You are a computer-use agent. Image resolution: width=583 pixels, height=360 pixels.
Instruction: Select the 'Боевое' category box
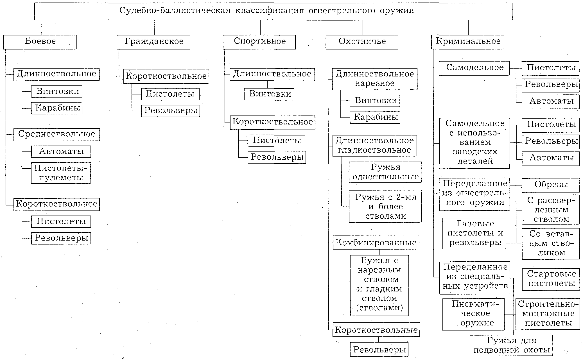(40, 42)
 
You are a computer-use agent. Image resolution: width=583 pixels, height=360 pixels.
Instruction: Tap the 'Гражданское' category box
(153, 42)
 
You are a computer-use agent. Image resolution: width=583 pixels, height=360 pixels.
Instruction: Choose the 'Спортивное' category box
(259, 42)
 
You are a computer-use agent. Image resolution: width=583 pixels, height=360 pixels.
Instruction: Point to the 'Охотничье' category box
(362, 42)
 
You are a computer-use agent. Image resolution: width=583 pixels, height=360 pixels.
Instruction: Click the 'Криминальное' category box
(468, 42)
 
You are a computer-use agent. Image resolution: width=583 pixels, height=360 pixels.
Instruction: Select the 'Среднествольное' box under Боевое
(57, 134)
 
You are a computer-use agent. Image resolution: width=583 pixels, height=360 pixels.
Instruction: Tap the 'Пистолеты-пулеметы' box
(61, 173)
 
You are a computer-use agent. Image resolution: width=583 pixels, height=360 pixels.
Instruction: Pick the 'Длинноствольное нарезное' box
(374, 79)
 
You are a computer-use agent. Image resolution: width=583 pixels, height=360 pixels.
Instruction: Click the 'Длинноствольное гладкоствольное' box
(374, 145)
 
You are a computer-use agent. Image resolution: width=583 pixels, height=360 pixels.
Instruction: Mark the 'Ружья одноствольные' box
(385, 172)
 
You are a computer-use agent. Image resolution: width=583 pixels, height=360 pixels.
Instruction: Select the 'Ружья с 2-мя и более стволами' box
(385, 206)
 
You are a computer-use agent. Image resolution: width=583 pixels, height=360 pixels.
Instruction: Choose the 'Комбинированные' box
(376, 243)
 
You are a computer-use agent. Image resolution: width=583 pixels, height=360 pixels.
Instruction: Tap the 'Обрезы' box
(551, 185)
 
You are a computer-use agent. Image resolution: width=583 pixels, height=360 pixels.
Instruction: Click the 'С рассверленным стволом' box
(551, 209)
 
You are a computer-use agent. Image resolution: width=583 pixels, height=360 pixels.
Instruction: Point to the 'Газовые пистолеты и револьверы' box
(474, 233)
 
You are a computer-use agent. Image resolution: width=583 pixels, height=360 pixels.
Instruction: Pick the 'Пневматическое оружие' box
(474, 314)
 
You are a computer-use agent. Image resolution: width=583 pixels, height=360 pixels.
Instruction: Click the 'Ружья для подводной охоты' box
(511, 345)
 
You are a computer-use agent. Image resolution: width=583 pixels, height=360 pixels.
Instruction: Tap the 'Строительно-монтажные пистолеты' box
(548, 314)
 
